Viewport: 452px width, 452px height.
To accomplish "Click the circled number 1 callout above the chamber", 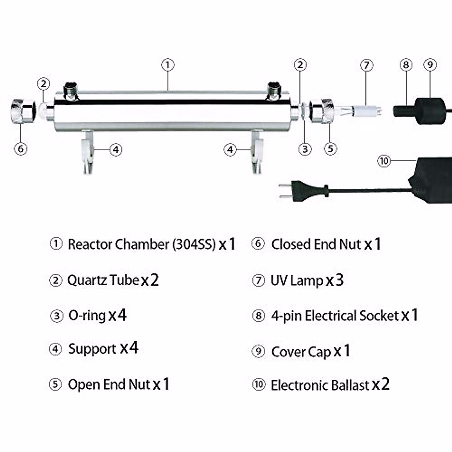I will tap(168, 65).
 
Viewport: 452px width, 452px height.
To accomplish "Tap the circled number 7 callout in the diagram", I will tap(366, 65).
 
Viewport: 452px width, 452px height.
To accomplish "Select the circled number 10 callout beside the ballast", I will tap(384, 161).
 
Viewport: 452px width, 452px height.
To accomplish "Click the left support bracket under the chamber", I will tap(87, 151).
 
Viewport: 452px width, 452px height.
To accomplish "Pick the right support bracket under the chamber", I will tap(257, 151).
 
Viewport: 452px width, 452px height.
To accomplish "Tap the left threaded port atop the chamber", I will tap(70, 91).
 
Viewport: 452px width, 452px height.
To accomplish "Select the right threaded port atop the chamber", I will tap(274, 91).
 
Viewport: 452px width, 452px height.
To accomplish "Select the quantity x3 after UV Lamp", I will tap(334, 281).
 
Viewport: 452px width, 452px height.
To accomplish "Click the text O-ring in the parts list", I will tap(87, 316).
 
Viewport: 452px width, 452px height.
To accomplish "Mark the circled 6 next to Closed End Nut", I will tap(258, 244).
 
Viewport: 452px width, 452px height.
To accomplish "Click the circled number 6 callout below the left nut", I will tap(21, 149).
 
